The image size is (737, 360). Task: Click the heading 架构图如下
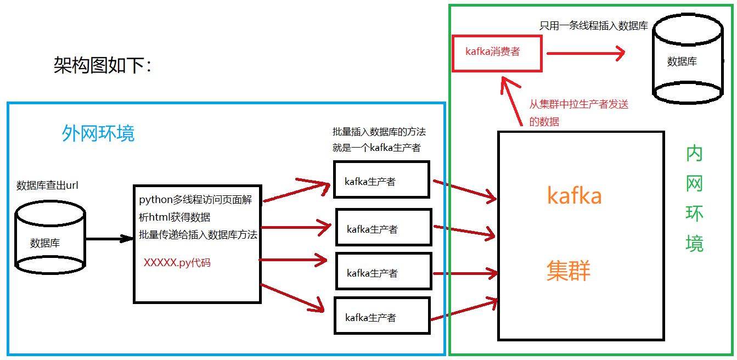pos(102,66)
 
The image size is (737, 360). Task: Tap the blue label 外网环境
pos(98,133)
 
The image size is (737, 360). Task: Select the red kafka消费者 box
pos(497,53)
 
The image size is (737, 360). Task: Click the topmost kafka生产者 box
pos(381,179)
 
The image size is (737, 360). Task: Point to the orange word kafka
pos(575,196)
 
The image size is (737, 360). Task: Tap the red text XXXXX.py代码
pos(177,263)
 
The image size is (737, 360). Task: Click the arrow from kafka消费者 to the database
pos(586,53)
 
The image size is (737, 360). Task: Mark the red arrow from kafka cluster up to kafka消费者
pos(512,102)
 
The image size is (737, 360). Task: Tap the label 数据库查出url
pos(47,185)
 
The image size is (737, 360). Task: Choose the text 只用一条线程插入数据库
pos(594,26)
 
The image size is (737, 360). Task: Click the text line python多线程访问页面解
pos(195,200)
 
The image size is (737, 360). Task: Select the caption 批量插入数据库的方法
pos(379,132)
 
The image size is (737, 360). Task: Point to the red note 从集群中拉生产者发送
pos(578,105)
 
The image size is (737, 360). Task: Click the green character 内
pos(694,154)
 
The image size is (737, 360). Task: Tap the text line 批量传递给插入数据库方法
pos(198,235)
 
